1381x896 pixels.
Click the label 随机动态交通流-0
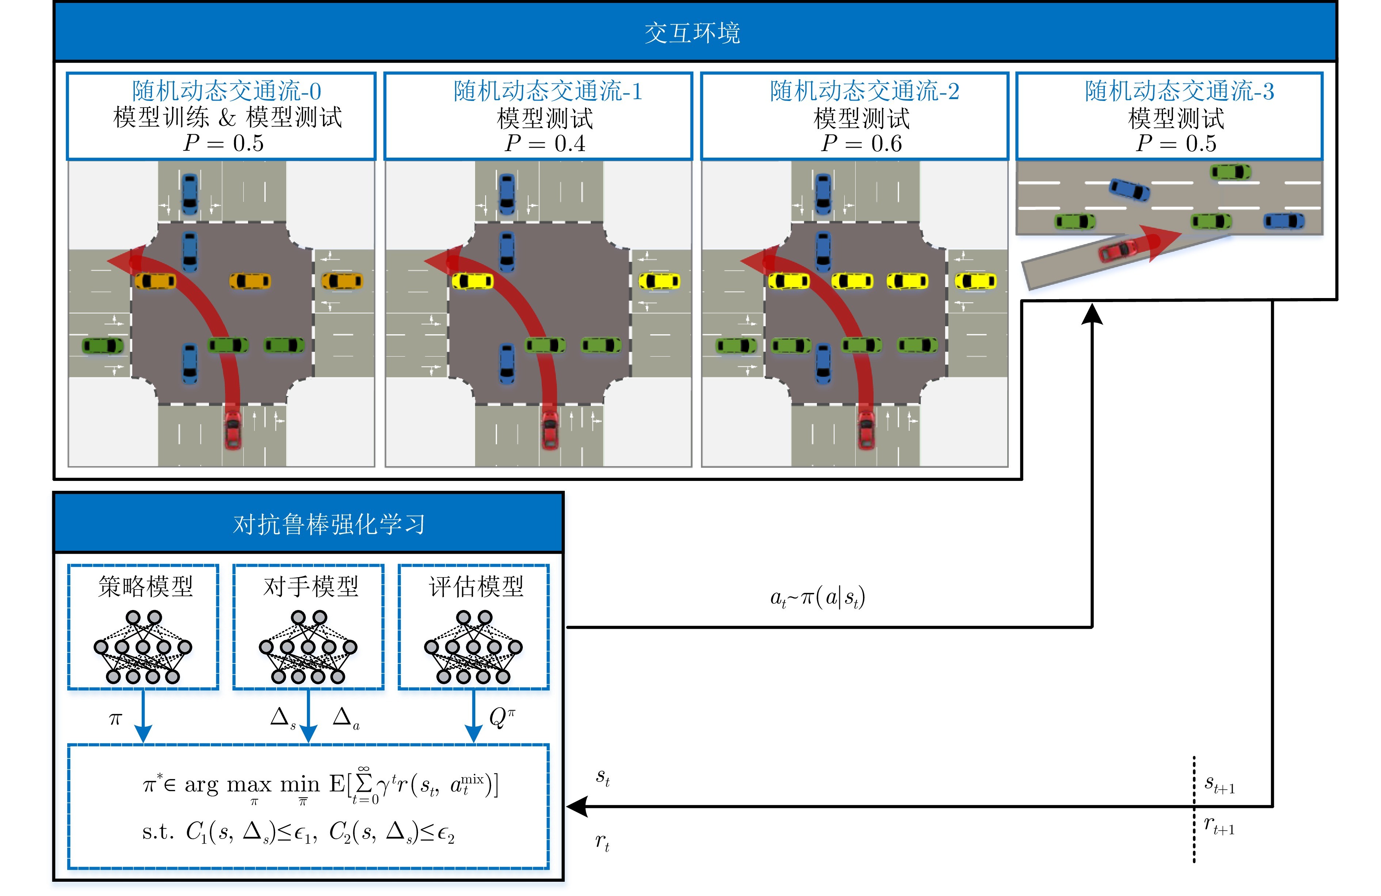(x=226, y=91)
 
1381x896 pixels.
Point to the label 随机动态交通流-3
(x=1179, y=91)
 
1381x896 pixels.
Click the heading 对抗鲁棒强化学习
(x=329, y=524)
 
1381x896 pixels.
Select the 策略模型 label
(x=145, y=587)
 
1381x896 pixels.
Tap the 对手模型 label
(x=311, y=587)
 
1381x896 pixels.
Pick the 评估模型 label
(x=476, y=587)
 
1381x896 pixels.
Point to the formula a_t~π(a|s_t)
(x=817, y=598)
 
